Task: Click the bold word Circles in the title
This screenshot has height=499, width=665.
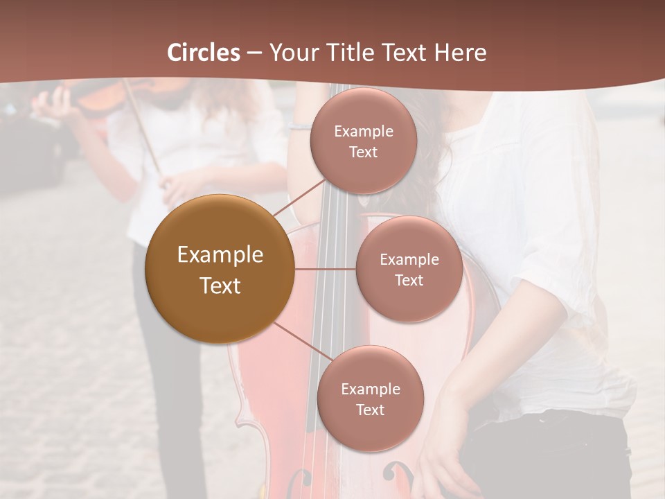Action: (203, 53)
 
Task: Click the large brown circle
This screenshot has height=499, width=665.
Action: (220, 269)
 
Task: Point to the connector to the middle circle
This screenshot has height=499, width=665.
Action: (325, 269)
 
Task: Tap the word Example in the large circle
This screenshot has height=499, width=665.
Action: (220, 255)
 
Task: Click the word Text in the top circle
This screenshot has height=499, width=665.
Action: (363, 152)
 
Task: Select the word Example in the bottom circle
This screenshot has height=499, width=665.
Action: (370, 389)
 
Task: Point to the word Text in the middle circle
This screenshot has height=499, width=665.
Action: (409, 280)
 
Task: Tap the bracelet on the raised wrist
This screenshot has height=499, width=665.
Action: (300, 126)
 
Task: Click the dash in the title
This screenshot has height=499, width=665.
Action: (254, 53)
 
